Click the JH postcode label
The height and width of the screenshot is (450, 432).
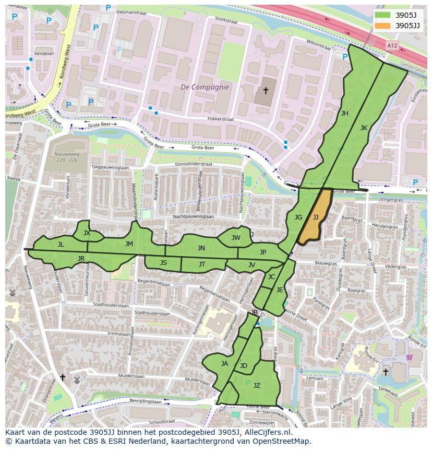[x=344, y=113]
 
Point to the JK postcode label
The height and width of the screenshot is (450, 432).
[x=364, y=128]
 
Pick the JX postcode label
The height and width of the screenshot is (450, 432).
[x=87, y=233]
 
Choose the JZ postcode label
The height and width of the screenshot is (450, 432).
[x=257, y=386]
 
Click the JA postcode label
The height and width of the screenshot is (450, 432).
[x=224, y=364]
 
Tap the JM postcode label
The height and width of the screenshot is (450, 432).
[x=129, y=244]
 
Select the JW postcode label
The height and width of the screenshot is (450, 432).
[x=236, y=238]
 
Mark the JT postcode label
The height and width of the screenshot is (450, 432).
[x=202, y=264]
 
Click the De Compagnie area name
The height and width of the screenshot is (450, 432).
[x=205, y=87]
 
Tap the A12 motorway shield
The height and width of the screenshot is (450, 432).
[x=392, y=46]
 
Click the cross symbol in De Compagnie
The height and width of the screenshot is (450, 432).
[x=266, y=91]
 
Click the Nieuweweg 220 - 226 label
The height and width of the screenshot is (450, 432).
[x=66, y=157]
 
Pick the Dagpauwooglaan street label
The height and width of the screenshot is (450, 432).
[x=110, y=167]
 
